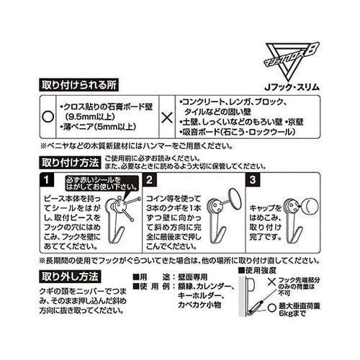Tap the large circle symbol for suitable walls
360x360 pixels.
48,114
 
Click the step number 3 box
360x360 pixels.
251,178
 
